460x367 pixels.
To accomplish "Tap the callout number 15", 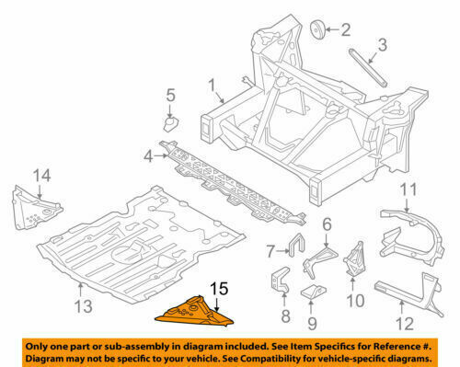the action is [219, 289].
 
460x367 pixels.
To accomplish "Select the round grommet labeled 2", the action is [317, 30].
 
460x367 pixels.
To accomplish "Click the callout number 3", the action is [382, 45].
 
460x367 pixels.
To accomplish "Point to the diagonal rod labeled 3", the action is [368, 67].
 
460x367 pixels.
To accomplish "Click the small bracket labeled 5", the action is [171, 124].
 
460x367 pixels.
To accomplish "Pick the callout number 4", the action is [148, 156].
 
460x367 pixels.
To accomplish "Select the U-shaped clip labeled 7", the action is [297, 245].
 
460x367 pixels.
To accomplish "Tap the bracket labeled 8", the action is [280, 280].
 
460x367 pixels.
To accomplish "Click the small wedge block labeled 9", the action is [314, 292].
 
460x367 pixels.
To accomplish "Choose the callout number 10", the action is [355, 301].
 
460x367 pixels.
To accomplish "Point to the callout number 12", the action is [405, 324].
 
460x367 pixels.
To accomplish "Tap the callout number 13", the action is [83, 306].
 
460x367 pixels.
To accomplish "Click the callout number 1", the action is [213, 86].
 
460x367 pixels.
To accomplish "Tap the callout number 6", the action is [328, 224].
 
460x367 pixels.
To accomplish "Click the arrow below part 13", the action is [81, 290].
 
